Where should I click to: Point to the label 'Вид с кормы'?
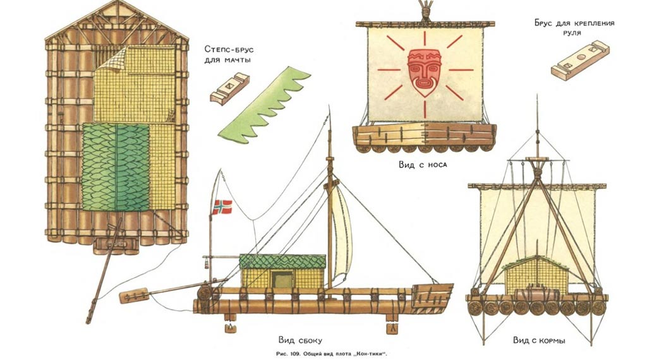(x=538, y=340)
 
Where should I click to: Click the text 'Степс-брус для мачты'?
(x=227, y=54)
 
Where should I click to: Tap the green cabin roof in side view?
(x=282, y=261)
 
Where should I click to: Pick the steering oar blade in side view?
(x=133, y=295)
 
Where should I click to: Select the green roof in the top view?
(x=116, y=165)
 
